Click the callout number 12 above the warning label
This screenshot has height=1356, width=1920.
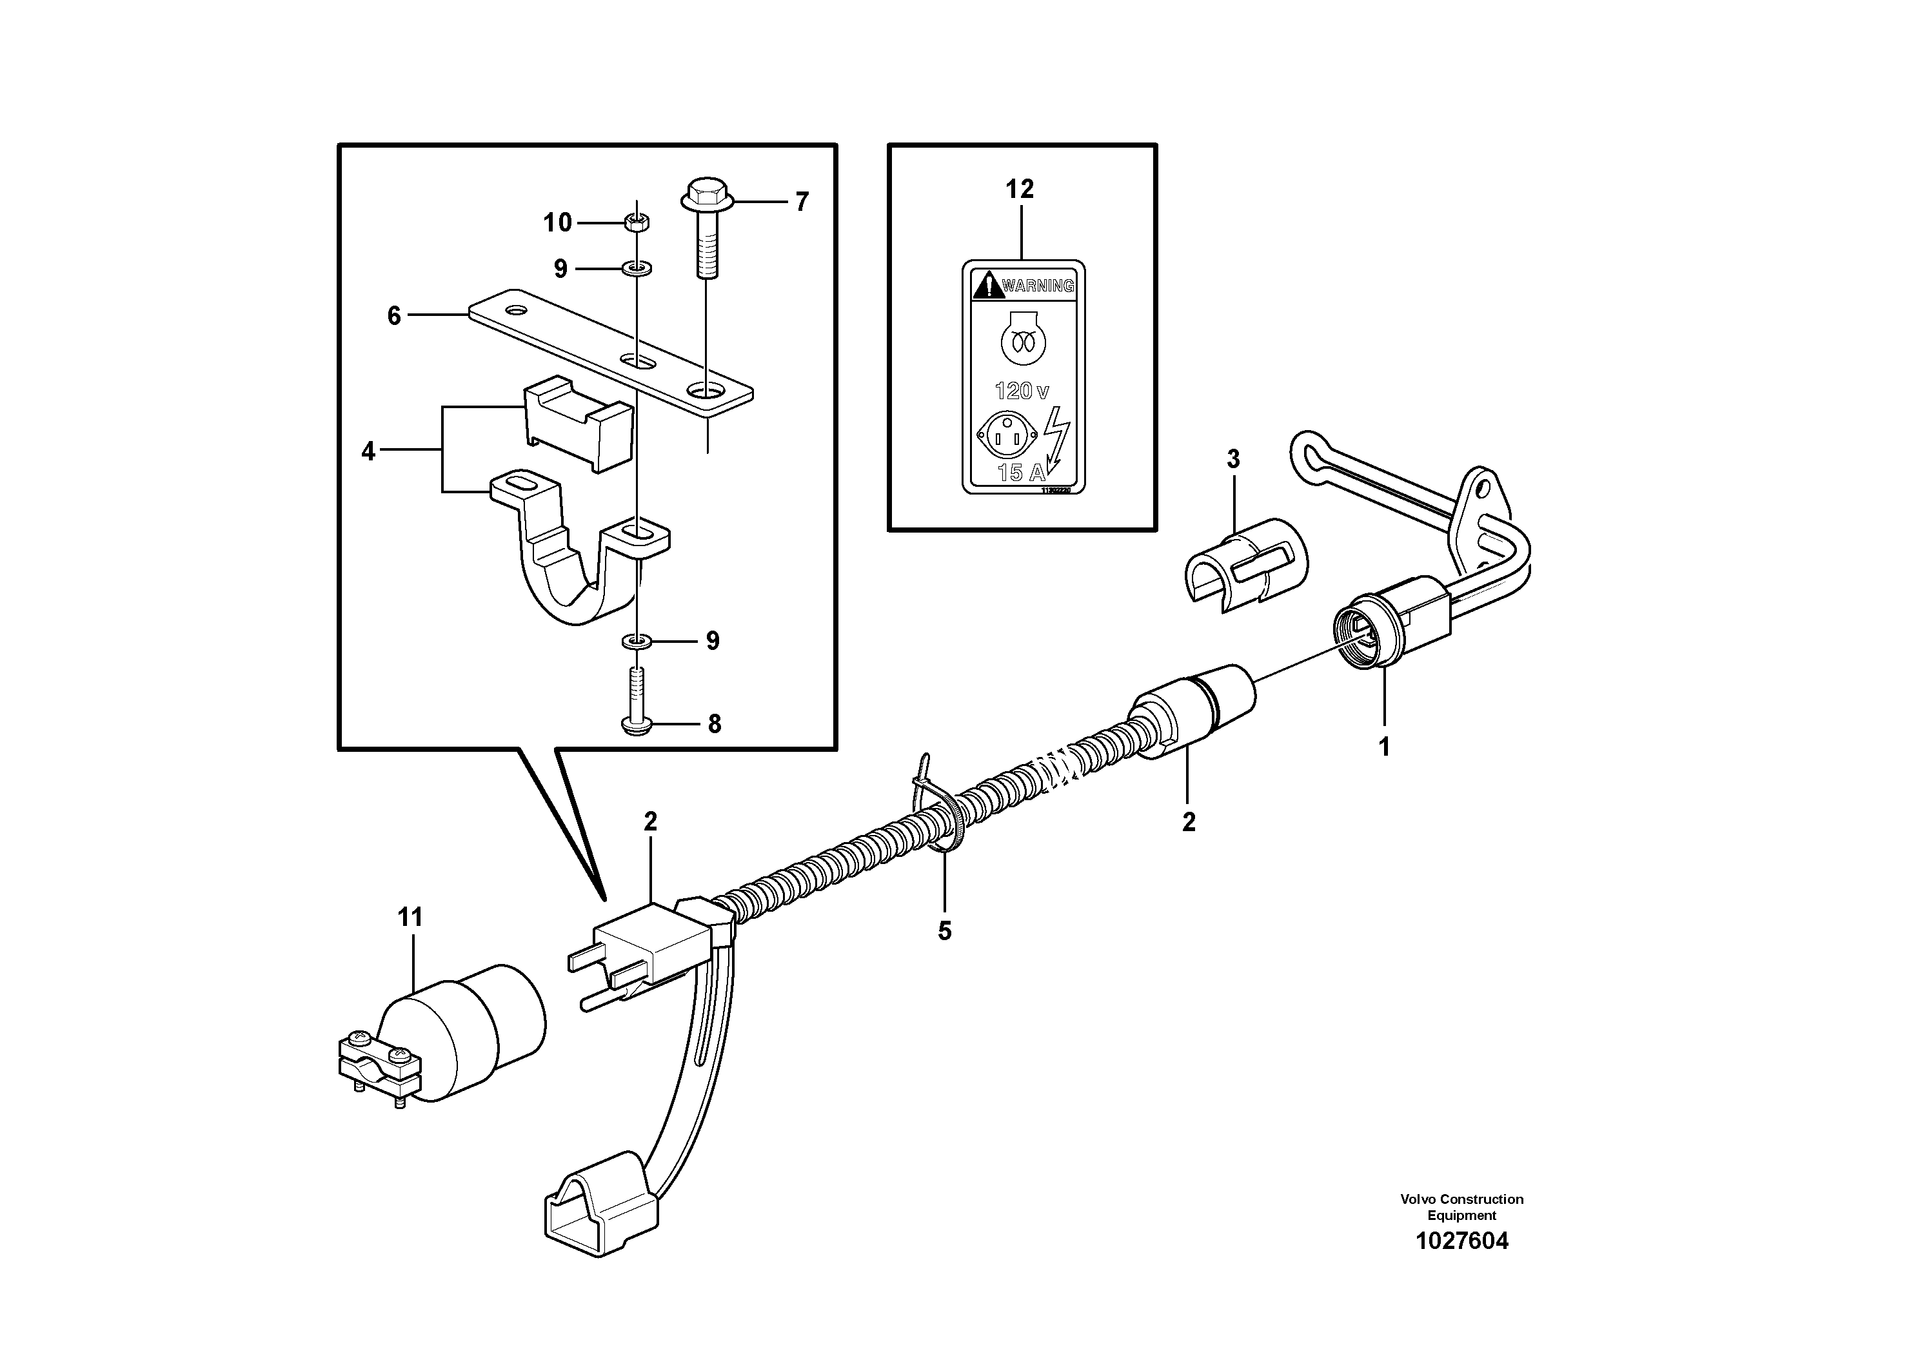(x=1020, y=190)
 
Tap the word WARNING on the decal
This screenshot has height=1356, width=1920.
(x=1037, y=286)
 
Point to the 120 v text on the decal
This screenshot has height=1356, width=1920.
(x=1021, y=390)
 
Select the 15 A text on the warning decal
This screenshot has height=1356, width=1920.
(x=1020, y=473)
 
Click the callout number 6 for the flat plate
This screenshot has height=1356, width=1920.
(x=394, y=316)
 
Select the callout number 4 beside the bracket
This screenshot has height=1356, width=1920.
(x=368, y=452)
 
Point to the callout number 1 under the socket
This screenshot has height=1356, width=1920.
(x=1384, y=747)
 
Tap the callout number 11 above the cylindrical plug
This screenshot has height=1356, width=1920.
(x=410, y=918)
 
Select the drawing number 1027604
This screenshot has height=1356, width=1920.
(x=1461, y=1241)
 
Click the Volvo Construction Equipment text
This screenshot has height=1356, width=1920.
(x=1461, y=1206)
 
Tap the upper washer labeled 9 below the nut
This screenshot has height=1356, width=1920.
(x=637, y=269)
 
